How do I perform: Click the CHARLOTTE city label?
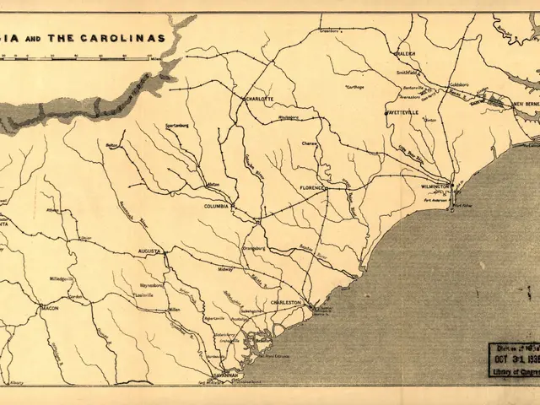[x=259, y=99]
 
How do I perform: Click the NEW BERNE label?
[x=528, y=105]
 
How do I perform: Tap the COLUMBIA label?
[x=217, y=205]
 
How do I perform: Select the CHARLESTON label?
[x=287, y=302]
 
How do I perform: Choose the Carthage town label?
[x=357, y=86]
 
